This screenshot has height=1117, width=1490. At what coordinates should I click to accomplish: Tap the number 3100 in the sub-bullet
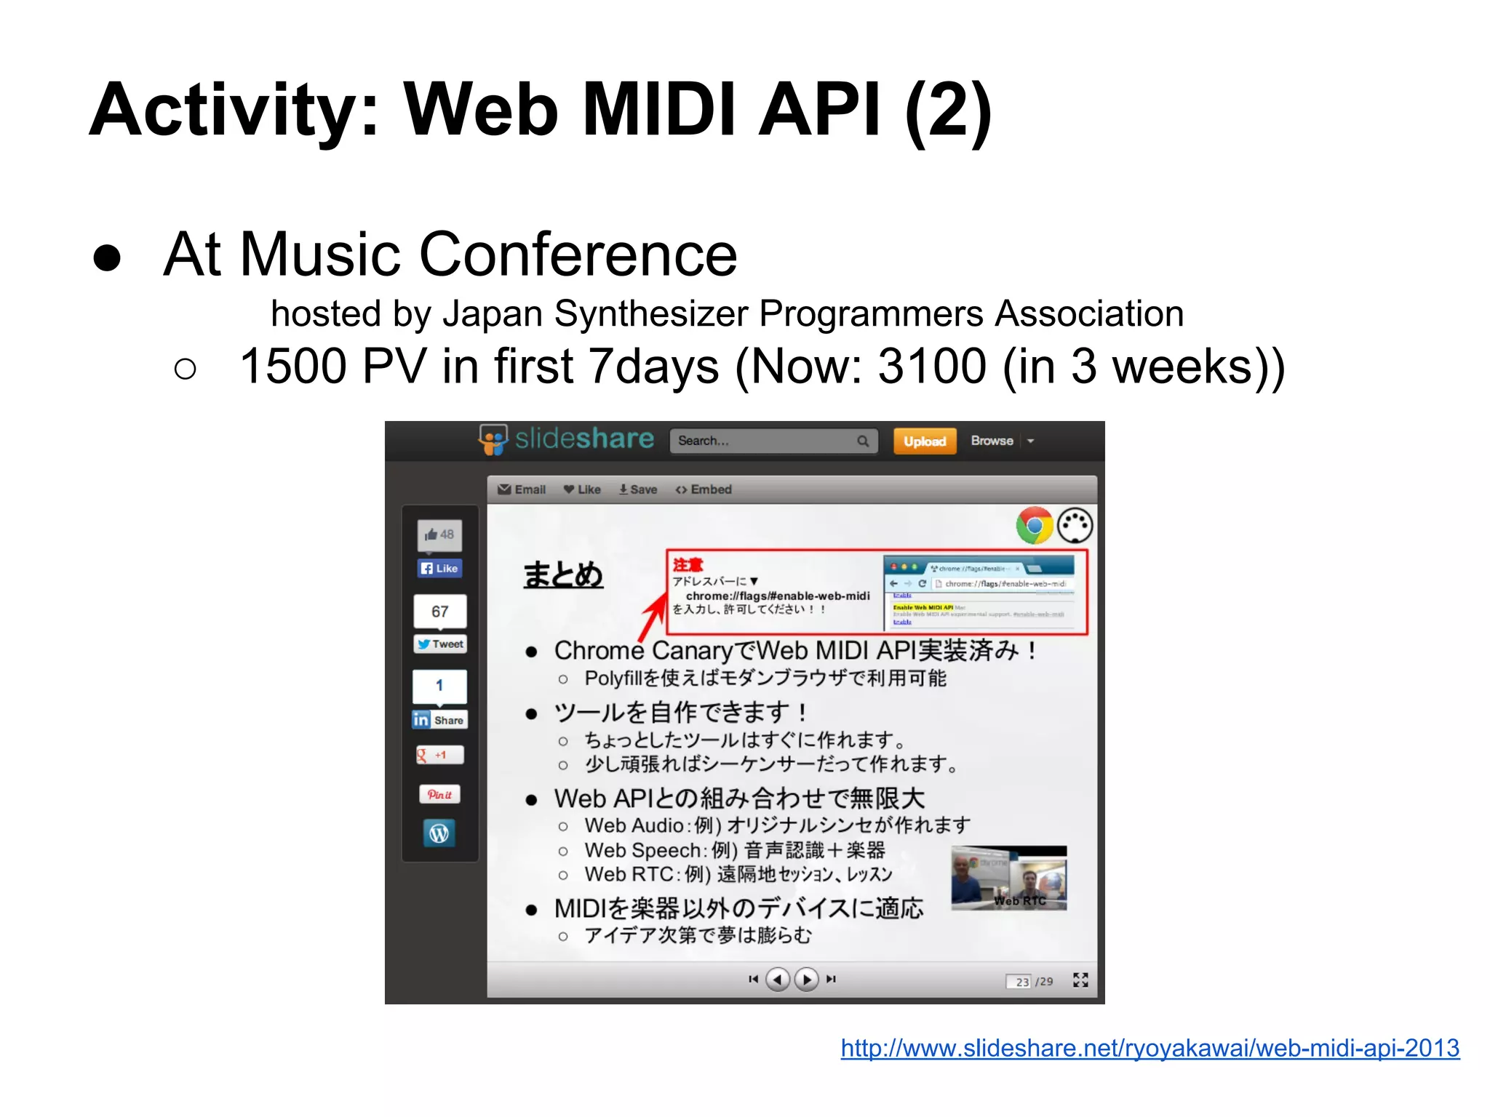pyautogui.click(x=931, y=366)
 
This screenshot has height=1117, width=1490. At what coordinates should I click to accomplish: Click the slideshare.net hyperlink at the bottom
pyautogui.click(x=1150, y=1048)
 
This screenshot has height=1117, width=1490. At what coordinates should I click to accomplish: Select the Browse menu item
pyautogui.click(x=992, y=441)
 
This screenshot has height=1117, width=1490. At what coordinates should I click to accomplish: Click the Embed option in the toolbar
pyautogui.click(x=704, y=489)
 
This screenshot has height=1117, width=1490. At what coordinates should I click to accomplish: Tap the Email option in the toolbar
pyautogui.click(x=522, y=489)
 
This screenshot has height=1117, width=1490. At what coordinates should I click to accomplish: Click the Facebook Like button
pyautogui.click(x=439, y=568)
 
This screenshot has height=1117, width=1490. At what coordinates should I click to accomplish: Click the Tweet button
pyautogui.click(x=440, y=644)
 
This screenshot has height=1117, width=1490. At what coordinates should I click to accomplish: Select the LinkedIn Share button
pyautogui.click(x=439, y=720)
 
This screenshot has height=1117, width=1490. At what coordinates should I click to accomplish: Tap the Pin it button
pyautogui.click(x=439, y=794)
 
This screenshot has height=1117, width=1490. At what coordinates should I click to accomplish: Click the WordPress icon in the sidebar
pyautogui.click(x=439, y=833)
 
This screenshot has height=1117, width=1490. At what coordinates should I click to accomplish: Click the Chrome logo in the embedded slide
pyautogui.click(x=1035, y=526)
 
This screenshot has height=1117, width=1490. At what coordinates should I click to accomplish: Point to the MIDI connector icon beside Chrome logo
pyautogui.click(x=1075, y=526)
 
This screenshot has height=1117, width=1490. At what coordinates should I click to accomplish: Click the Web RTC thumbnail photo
pyautogui.click(x=1009, y=878)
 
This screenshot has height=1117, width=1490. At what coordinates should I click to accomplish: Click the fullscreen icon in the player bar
pyautogui.click(x=1080, y=980)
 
